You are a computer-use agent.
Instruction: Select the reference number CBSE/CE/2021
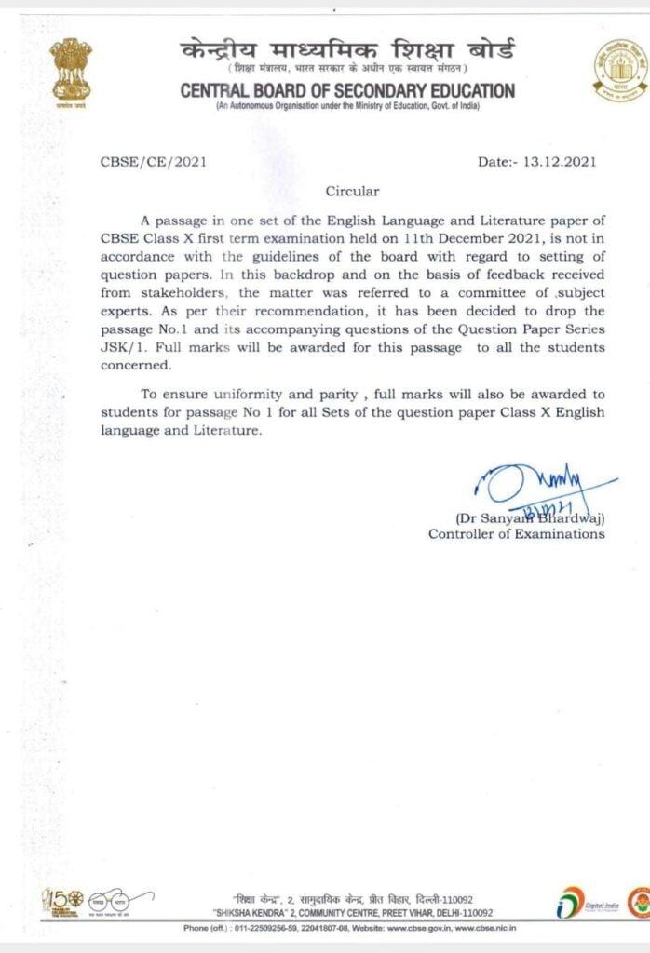pos(153,161)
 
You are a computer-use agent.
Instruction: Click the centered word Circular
pos(352,191)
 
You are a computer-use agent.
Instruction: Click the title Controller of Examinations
pos(516,534)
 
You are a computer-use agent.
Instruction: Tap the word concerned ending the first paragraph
pos(139,364)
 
